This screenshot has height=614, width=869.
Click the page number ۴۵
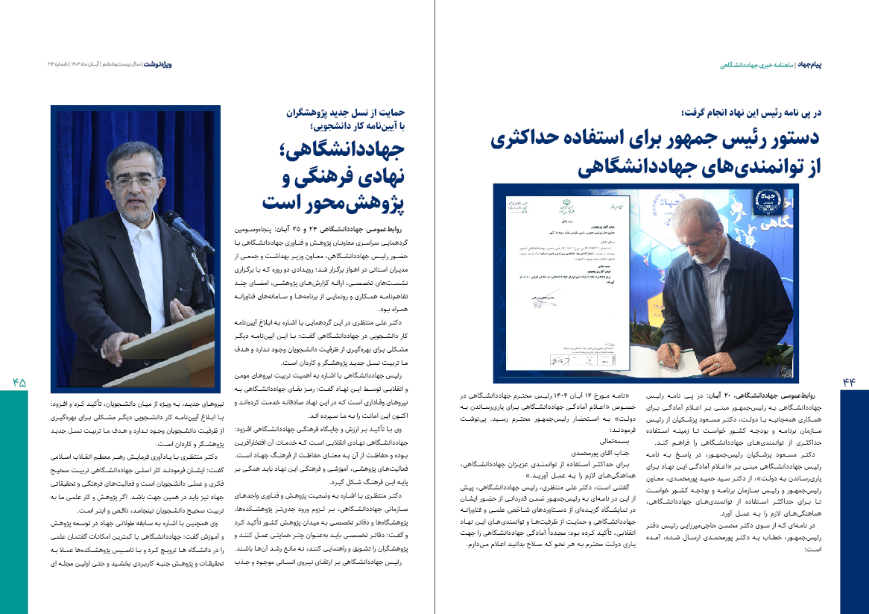point(19,382)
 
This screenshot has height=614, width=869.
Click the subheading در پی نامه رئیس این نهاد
point(750,113)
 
